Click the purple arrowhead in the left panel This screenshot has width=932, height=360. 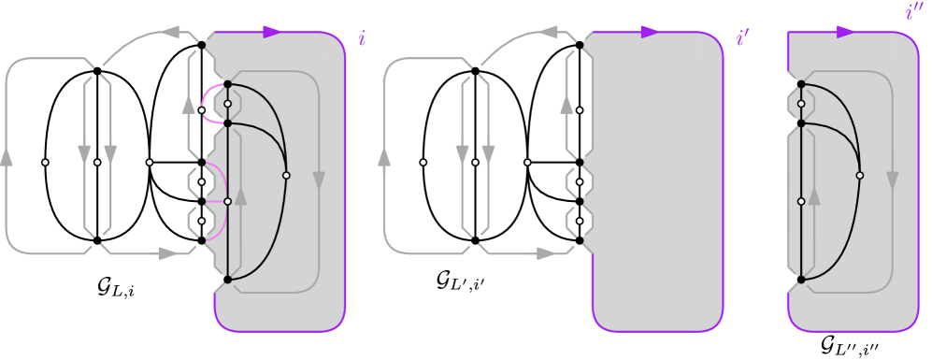click(272, 32)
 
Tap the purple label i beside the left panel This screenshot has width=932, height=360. click(362, 38)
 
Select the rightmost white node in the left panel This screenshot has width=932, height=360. click(286, 175)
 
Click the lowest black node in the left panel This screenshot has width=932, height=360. click(227, 280)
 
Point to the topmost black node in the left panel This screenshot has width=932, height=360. click(201, 45)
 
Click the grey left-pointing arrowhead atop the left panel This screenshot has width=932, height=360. click(171, 32)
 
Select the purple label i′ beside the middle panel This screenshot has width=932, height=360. click(742, 38)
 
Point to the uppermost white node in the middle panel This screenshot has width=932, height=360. click(580, 110)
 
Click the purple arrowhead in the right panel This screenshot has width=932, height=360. click(845, 32)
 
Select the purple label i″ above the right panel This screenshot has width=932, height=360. click(913, 11)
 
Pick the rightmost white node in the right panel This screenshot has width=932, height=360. click(860, 175)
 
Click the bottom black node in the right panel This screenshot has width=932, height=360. click(801, 280)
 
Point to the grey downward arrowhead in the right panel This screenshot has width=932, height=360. click(893, 180)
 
